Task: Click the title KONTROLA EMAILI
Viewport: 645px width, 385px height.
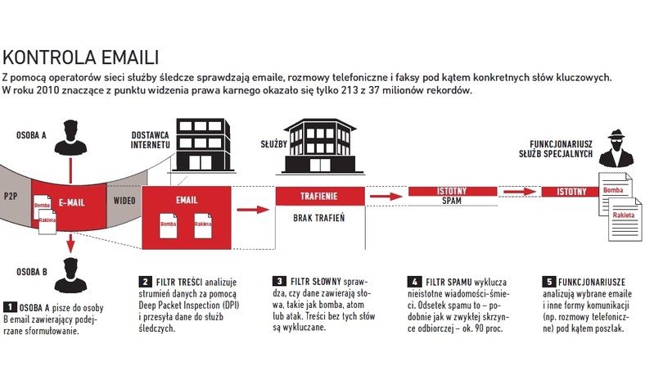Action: tap(80, 57)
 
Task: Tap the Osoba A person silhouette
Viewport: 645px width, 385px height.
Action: tap(70, 138)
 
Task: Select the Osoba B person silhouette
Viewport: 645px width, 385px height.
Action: tap(70, 275)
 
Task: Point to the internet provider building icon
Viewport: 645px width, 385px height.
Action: tap(203, 145)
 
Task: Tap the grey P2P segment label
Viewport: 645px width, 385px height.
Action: tap(11, 196)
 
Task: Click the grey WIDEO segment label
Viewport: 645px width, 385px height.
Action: tap(124, 201)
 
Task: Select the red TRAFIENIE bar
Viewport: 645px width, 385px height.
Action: tap(320, 196)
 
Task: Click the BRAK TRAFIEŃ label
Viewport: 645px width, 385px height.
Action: tap(318, 218)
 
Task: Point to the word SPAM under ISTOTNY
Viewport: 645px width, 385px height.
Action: tap(452, 201)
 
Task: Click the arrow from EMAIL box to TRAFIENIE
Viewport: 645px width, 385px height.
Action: tap(253, 210)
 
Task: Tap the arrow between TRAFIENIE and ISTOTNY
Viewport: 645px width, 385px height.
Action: tap(386, 197)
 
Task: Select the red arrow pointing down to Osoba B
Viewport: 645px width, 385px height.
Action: tap(70, 243)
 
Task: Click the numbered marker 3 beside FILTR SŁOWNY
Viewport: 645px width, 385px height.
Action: tap(279, 281)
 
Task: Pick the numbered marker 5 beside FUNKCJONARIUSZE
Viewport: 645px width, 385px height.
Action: tap(549, 282)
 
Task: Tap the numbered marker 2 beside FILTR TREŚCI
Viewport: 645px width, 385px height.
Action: tap(145, 282)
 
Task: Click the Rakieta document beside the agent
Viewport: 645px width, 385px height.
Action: tap(625, 219)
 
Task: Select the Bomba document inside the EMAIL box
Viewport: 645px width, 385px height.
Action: tap(169, 225)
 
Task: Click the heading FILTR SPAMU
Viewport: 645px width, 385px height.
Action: tap(449, 283)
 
